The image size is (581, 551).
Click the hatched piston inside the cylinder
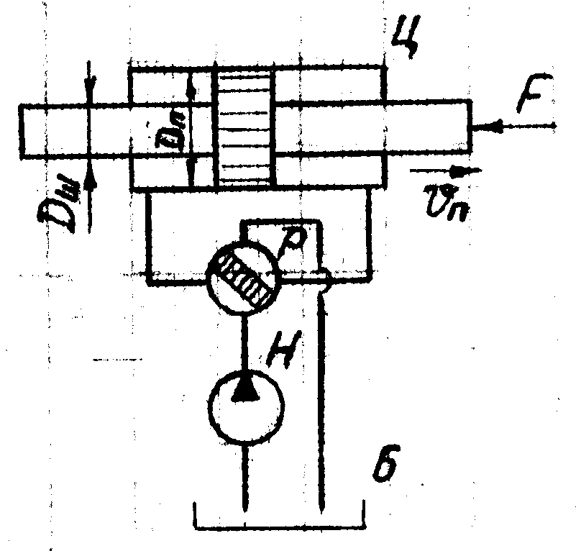(244, 127)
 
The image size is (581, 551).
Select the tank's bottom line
(279, 530)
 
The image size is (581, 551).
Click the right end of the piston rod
(471, 128)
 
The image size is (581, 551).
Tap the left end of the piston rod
(22, 130)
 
